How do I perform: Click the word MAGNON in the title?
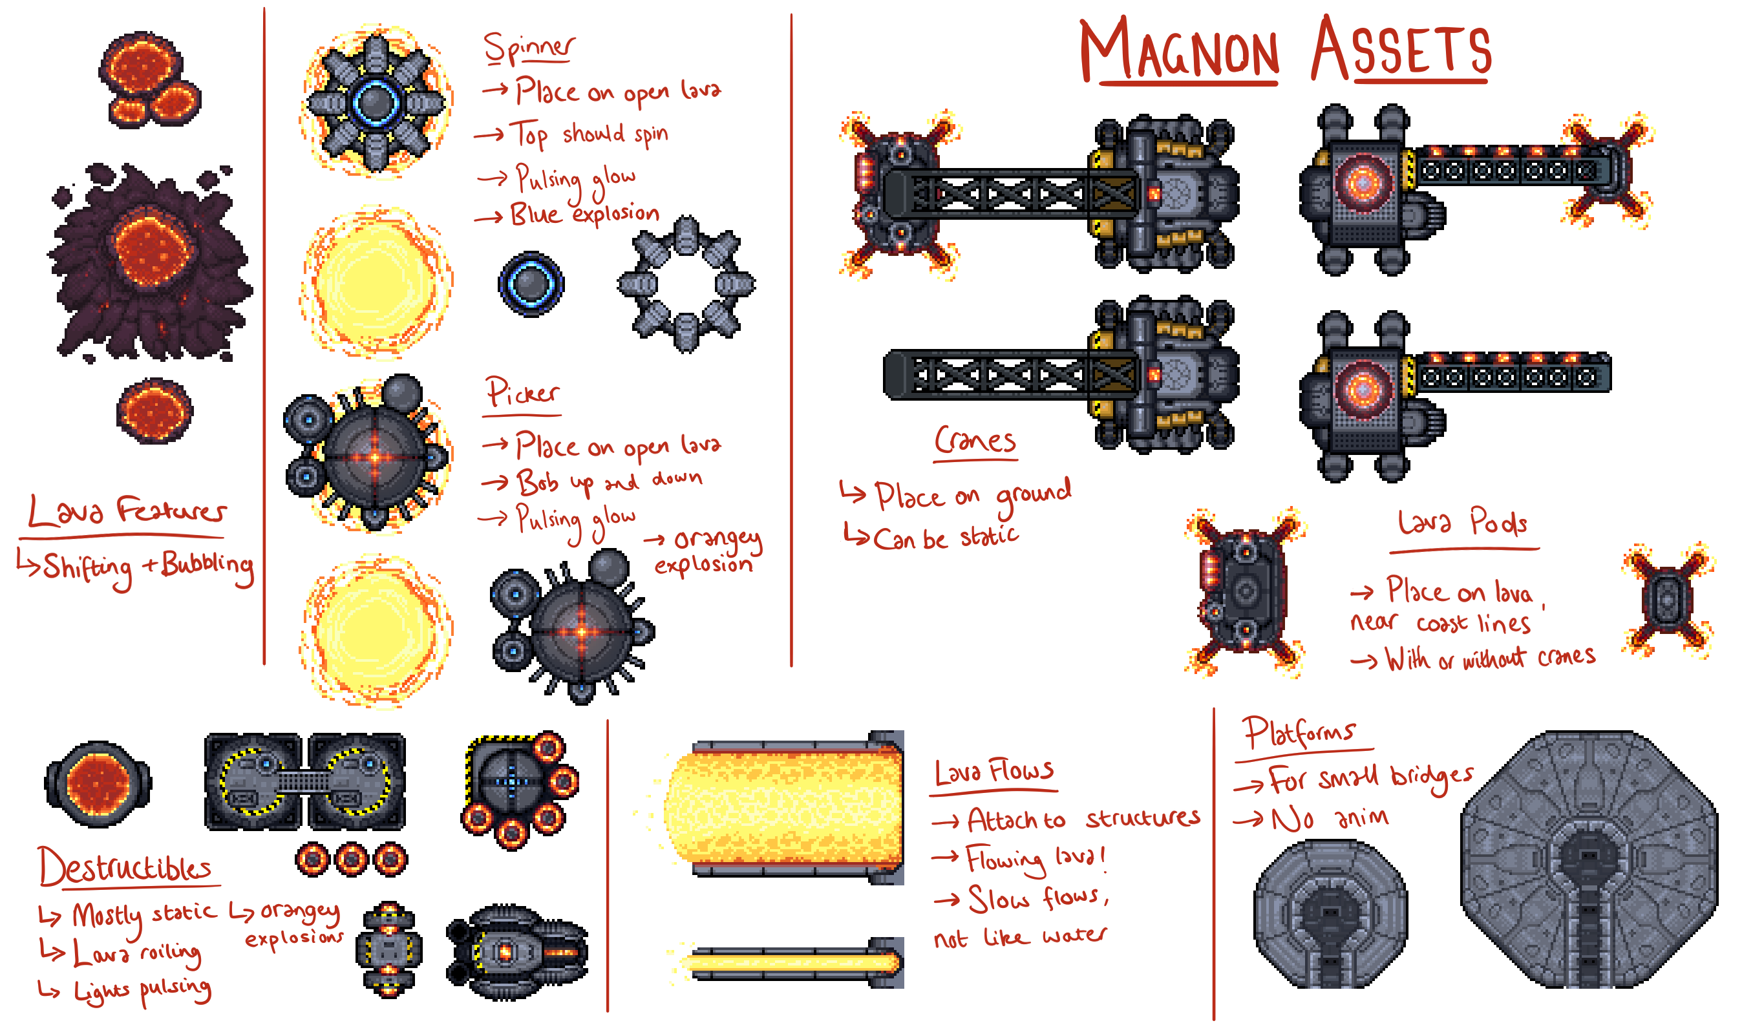tap(1179, 50)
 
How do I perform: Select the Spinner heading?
tap(529, 47)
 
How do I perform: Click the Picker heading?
tap(522, 393)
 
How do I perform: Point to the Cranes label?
tap(975, 440)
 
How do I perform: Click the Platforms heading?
tap(1299, 733)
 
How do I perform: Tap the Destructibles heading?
tap(125, 867)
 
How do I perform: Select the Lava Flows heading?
tap(994, 772)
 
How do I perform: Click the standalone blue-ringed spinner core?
tap(531, 284)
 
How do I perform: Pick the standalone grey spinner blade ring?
tap(686, 284)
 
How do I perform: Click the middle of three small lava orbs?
tap(351, 859)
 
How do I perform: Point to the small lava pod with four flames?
tap(1667, 599)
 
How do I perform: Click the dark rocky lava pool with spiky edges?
tap(151, 261)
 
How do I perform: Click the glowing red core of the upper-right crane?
tap(1361, 182)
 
